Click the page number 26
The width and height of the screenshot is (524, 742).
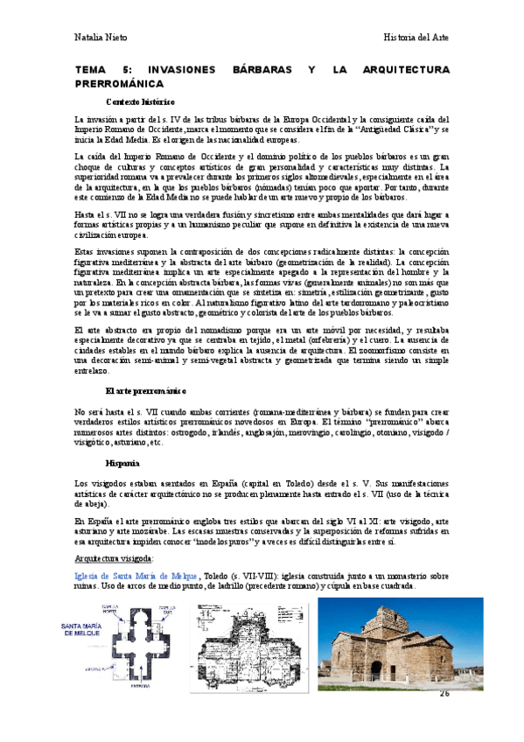coord(444,693)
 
